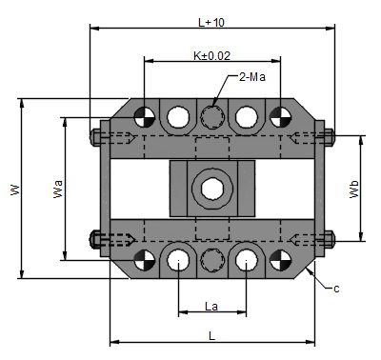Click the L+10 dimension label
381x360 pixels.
click(211, 23)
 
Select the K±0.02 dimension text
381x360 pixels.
click(211, 56)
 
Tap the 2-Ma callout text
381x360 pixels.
click(252, 77)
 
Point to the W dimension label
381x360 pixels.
click(15, 190)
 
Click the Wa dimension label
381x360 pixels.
click(57, 190)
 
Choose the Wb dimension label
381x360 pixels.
click(354, 190)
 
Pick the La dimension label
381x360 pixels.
click(211, 307)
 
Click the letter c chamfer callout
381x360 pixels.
click(336, 289)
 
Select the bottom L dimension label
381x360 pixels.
click(211, 335)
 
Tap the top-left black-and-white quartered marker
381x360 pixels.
click(145, 117)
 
